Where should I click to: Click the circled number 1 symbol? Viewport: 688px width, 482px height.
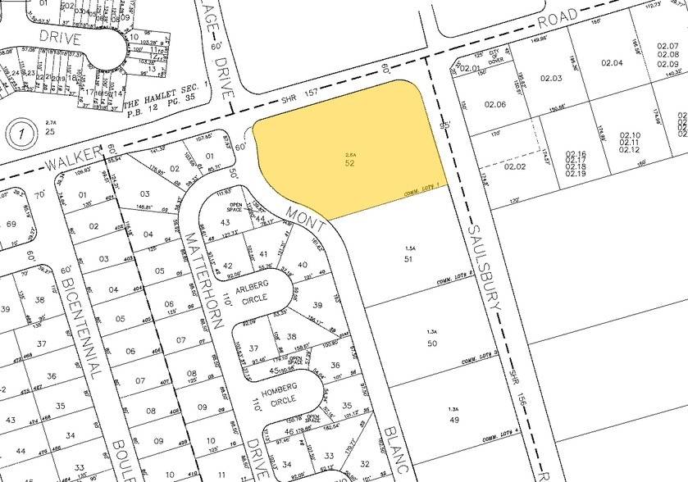coord(17,131)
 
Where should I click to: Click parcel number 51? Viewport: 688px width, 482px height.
coord(408,258)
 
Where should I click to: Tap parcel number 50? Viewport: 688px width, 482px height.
coord(431,342)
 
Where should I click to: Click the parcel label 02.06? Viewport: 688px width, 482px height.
coord(494,104)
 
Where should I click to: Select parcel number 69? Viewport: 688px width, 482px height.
coord(11,224)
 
